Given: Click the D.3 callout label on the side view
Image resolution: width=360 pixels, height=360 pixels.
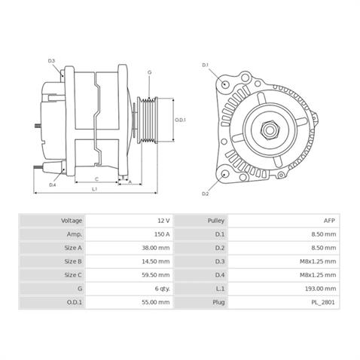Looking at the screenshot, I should click(52, 60).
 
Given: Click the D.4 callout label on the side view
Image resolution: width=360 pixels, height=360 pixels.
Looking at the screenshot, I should click(53, 185).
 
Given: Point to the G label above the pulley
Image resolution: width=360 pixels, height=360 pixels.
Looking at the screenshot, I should click(149, 72).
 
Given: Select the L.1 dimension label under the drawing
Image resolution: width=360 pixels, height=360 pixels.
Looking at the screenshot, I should click(95, 190).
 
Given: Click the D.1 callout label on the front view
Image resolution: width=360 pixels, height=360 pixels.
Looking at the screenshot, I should click(205, 66).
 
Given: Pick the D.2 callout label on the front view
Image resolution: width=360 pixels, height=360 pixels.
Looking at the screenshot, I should click(205, 194).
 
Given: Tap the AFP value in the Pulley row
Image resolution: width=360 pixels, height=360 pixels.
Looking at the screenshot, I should click(330, 221).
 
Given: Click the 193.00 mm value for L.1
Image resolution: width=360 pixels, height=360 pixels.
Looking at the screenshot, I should click(322, 288).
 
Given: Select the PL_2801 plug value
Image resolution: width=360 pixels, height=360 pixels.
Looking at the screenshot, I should click(325, 302).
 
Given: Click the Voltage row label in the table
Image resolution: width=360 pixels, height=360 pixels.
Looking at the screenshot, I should click(72, 221).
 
